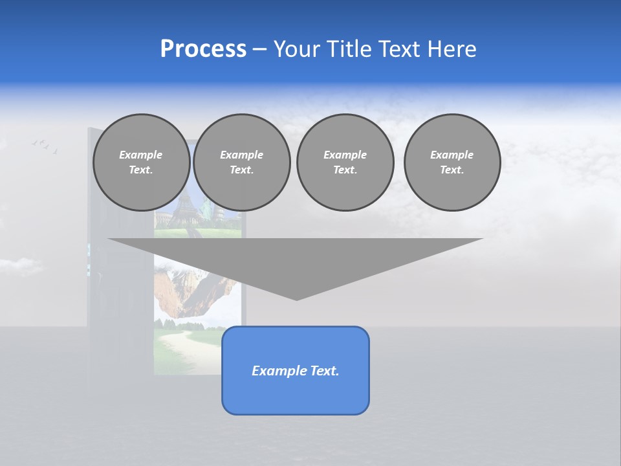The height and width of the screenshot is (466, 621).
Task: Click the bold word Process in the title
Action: click(203, 49)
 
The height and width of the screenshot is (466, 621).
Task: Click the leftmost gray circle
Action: click(142, 162)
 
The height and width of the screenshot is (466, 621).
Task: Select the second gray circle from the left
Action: click(242, 162)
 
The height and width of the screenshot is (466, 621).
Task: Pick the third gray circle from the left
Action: click(345, 162)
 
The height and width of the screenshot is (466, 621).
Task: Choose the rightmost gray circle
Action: click(452, 162)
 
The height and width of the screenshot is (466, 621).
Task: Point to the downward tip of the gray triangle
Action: click(296, 298)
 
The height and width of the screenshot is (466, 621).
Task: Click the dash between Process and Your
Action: click(259, 49)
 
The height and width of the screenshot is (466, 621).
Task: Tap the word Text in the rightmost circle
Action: click(452, 170)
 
